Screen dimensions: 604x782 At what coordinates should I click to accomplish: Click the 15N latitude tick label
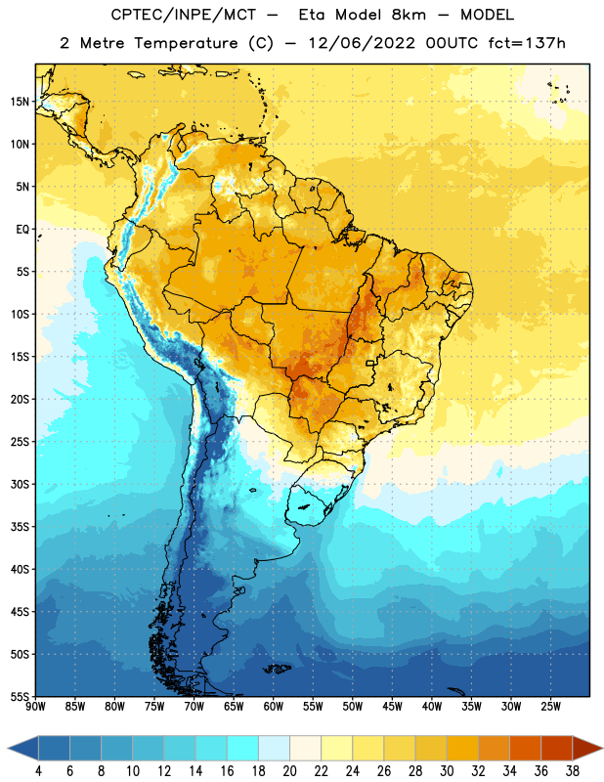20,102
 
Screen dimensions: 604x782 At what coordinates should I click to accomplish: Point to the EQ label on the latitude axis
22,230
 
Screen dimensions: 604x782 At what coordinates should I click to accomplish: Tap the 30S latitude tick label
20,484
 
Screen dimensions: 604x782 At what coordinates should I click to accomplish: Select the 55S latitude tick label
20,697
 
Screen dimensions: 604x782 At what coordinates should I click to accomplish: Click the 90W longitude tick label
35,707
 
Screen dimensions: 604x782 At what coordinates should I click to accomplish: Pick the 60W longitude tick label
274,707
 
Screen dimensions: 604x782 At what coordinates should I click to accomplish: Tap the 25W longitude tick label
550,707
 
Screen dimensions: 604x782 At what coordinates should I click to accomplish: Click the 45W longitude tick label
392,707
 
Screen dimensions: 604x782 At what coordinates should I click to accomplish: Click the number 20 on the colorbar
289,771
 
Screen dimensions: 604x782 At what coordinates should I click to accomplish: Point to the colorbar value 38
573,771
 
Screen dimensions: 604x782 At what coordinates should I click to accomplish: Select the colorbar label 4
38,771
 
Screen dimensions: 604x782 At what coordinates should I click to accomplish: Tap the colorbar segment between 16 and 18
243,749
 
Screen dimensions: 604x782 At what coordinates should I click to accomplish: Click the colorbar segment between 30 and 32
462,749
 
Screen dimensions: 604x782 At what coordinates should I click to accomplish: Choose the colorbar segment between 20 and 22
306,749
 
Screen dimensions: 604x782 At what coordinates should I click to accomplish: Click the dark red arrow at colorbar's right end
587,749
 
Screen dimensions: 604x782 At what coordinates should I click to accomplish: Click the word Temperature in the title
186,43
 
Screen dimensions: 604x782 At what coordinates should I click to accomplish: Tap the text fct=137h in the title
527,43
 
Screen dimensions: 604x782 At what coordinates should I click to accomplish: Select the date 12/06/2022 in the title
362,43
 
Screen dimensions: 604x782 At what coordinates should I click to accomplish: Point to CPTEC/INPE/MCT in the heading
183,15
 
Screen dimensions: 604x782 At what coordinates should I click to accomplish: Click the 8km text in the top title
409,15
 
